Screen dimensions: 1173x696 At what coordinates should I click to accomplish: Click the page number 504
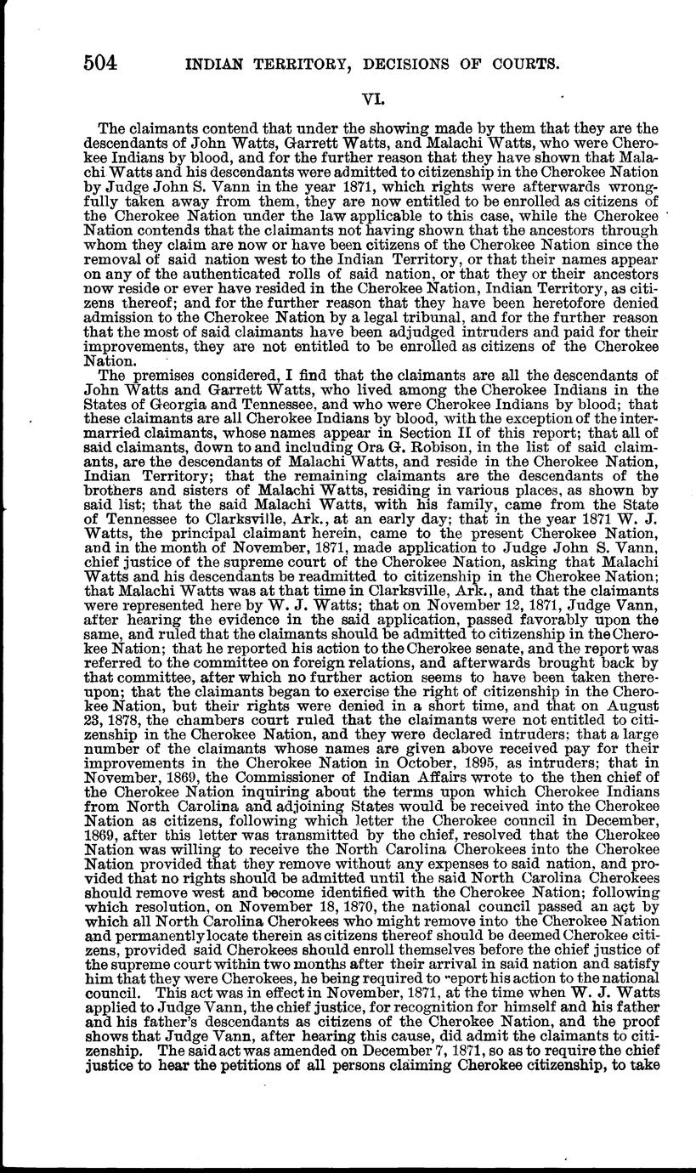tap(99, 61)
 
